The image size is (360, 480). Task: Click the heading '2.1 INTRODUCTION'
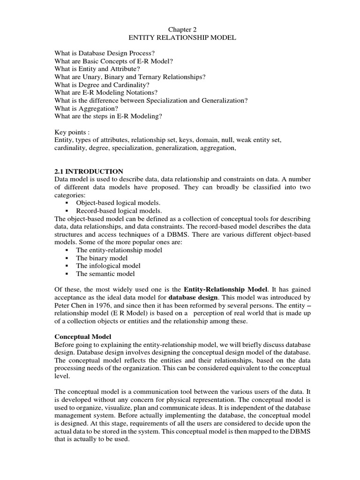(89, 171)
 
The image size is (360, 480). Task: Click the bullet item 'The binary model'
(102, 258)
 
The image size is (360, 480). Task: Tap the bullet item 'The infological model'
(108, 266)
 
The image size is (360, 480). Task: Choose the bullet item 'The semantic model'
(105, 274)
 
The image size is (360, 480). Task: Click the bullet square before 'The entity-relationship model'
(67, 250)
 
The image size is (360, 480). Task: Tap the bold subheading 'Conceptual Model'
(82, 337)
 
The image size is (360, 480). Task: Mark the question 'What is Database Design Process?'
(108, 53)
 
